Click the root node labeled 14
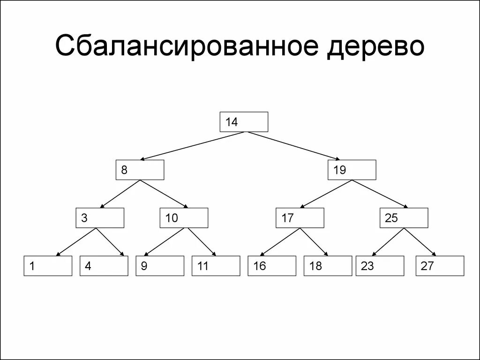pyautogui.click(x=244, y=122)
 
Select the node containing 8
pyautogui.click(x=140, y=170)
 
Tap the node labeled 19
pyautogui.click(x=352, y=170)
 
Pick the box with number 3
pyautogui.click(x=100, y=218)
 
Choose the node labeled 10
pyautogui.click(x=184, y=218)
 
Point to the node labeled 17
pyautogui.click(x=300, y=218)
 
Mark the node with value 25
pyautogui.click(x=404, y=218)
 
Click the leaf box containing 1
pyautogui.click(x=48, y=266)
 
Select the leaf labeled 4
pyautogui.click(x=104, y=266)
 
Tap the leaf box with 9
pyautogui.click(x=159, y=266)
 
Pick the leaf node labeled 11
pyautogui.click(x=216, y=266)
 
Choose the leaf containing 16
pyautogui.click(x=272, y=266)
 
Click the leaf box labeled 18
pyautogui.click(x=328, y=266)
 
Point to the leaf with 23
pyautogui.click(x=380, y=266)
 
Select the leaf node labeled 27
pyautogui.click(x=440, y=266)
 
